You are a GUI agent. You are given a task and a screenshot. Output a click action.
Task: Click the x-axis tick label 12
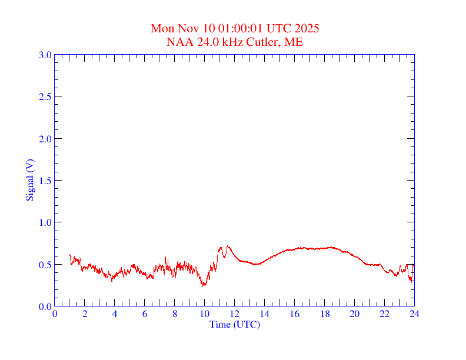click(235, 314)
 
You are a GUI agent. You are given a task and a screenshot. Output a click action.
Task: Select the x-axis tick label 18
click(325, 314)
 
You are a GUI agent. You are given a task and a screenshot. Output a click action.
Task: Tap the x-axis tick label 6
click(145, 314)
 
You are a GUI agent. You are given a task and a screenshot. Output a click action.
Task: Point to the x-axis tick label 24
click(414, 314)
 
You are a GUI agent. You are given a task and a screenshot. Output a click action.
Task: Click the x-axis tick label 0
click(55, 314)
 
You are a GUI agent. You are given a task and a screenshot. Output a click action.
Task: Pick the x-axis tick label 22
click(385, 314)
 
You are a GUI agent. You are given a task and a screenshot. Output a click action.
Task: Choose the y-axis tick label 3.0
click(45, 55)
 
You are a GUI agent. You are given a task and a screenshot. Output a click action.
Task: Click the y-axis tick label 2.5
click(45, 96)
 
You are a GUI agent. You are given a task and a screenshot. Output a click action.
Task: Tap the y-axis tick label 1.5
click(45, 181)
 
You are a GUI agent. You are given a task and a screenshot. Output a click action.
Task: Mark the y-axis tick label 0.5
click(45, 265)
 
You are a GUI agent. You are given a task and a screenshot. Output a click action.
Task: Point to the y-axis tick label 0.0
click(45, 306)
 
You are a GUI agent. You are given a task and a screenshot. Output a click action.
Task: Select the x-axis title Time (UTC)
click(235, 324)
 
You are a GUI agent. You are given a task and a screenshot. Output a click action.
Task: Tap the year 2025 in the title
click(307, 28)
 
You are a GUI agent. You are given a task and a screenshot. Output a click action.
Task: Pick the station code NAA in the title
click(178, 42)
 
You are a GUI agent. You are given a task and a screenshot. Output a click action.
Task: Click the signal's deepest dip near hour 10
click(204, 286)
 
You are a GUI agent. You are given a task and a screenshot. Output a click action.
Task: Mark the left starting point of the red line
click(69, 255)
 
